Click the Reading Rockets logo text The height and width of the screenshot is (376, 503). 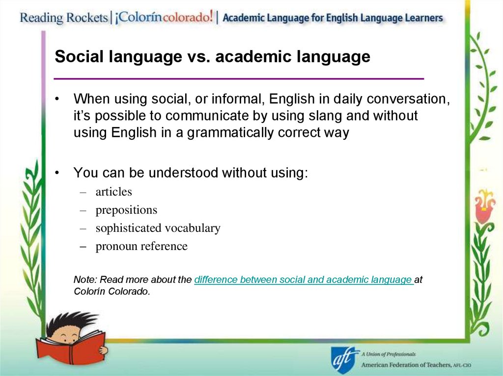pyautogui.click(x=64, y=18)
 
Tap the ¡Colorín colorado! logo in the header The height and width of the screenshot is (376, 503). pyautogui.click(x=165, y=18)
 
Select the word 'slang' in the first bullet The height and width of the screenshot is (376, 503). pyautogui.click(x=307, y=116)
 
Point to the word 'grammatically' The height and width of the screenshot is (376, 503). pyautogui.click(x=229, y=133)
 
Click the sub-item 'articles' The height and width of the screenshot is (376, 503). pyautogui.click(x=114, y=192)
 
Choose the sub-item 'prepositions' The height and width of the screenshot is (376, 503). pyautogui.click(x=126, y=210)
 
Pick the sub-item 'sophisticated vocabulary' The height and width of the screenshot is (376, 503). pyautogui.click(x=158, y=228)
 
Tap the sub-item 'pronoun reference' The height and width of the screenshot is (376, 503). pyautogui.click(x=141, y=246)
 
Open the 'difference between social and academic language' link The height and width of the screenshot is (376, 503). pyautogui.click(x=303, y=280)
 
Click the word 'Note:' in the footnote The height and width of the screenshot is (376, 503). pyautogui.click(x=85, y=280)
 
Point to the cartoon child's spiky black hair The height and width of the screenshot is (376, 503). pyautogui.click(x=69, y=321)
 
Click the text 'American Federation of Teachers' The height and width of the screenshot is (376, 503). pyautogui.click(x=413, y=365)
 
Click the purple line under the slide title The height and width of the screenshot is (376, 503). pyautogui.click(x=239, y=78)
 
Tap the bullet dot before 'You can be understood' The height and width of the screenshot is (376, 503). pyautogui.click(x=57, y=173)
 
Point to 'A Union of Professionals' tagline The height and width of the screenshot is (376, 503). pyautogui.click(x=389, y=354)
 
